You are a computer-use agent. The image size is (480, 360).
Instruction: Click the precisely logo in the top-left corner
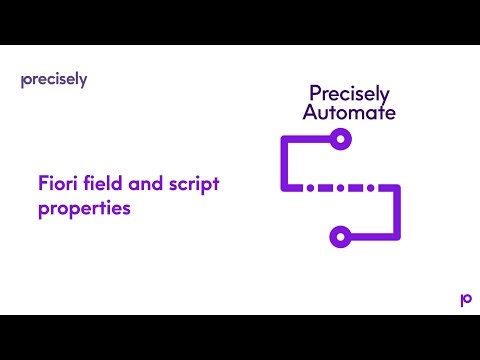coord(53,80)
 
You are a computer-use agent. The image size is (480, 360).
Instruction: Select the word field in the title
coord(103,184)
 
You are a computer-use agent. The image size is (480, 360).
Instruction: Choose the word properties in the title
coord(85,210)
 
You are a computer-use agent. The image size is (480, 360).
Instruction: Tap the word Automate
coord(349,113)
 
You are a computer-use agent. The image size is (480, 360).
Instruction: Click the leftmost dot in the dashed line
coord(310,188)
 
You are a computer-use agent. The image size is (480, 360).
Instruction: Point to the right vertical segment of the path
coord(397,212)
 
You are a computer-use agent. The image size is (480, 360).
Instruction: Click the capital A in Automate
coord(309,113)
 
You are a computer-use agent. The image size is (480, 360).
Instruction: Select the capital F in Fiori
coord(43,184)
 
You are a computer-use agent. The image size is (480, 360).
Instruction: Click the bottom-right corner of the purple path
coord(397,237)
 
